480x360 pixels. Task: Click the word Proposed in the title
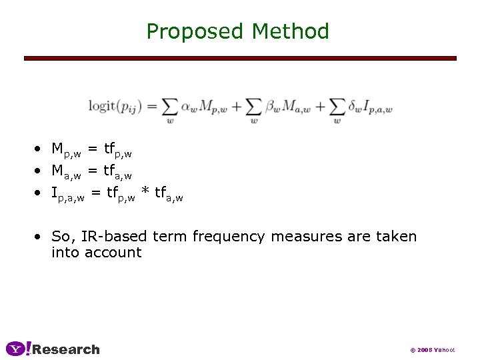(196, 31)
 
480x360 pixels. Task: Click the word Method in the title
(291, 31)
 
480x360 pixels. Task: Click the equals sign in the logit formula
(151, 107)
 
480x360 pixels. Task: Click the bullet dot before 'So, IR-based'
(41, 237)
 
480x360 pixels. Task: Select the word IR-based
(116, 237)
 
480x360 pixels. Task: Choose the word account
(113, 253)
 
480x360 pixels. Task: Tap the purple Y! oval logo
(18, 349)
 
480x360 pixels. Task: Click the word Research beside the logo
(66, 349)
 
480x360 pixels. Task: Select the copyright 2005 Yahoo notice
(432, 349)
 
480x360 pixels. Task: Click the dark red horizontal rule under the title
(240, 58)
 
